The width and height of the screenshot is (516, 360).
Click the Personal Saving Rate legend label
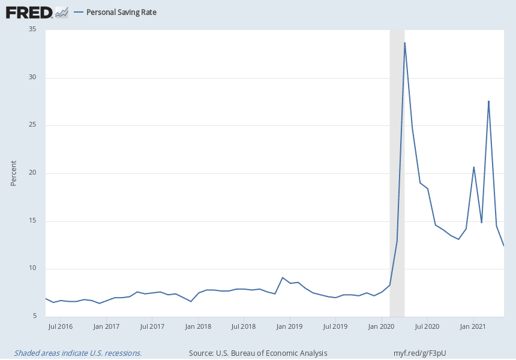tap(121, 12)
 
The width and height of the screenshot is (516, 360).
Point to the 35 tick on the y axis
tap(32, 29)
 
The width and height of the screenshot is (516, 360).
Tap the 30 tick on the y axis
tap(32, 77)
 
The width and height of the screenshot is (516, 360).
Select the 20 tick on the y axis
tap(32, 173)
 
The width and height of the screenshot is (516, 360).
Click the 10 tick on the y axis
tap(32, 269)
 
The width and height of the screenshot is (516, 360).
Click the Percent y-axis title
tap(13, 173)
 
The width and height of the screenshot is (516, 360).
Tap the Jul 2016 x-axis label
tap(60, 327)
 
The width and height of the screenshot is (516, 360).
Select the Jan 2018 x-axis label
tap(197, 327)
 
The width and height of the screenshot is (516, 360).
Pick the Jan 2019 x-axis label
tap(289, 327)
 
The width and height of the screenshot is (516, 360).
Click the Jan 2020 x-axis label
tap(382, 327)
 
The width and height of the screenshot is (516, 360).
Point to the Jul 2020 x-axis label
tap(427, 327)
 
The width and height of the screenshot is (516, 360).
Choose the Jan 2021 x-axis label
tap(473, 327)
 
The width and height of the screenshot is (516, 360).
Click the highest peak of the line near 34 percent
tap(405, 43)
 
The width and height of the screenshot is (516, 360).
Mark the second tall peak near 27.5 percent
tap(489, 101)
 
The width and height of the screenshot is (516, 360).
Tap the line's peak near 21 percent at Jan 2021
tap(474, 167)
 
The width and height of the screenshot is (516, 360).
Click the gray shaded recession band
tap(397, 180)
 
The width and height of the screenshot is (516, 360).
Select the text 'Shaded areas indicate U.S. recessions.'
tap(78, 353)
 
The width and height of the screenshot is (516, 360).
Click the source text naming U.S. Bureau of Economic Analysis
tap(258, 353)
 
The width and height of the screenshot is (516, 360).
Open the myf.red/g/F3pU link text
tap(420, 353)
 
